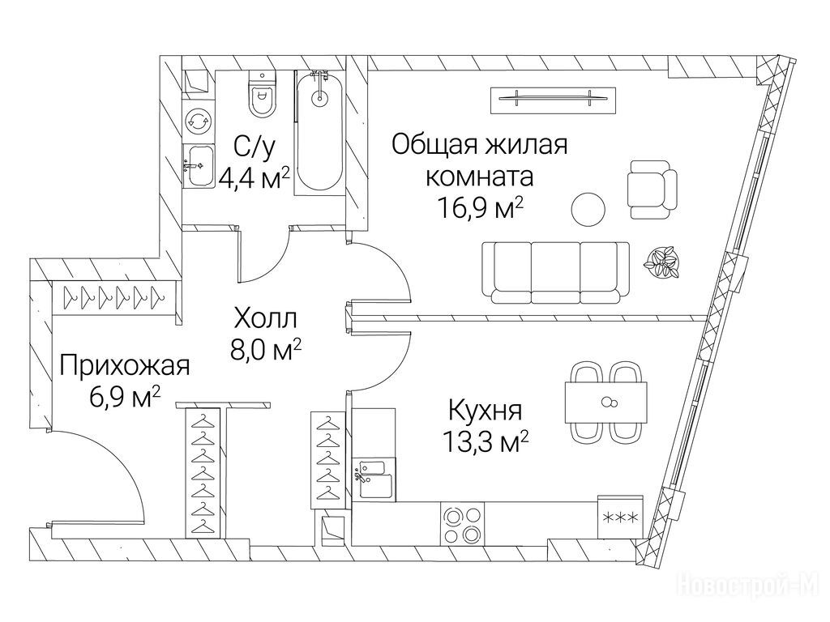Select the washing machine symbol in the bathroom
pos(198,121)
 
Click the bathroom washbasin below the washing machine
pos(199,167)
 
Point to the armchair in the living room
pos(652,189)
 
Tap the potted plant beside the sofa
pos(661,262)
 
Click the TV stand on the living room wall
pos(554,100)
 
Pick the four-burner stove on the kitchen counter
pos(464,524)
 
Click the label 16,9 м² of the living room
pos(480,208)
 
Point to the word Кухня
pos(486,411)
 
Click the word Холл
pos(266,319)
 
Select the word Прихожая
pos(124,366)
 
